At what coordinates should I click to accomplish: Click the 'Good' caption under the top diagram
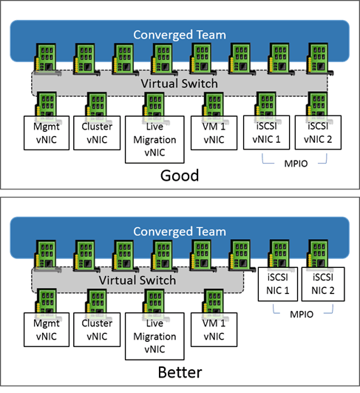180,175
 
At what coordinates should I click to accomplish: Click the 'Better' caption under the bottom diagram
180,372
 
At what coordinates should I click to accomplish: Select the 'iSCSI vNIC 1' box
266,132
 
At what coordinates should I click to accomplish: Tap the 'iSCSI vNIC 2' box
318,132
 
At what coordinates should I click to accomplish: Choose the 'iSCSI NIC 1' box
278,284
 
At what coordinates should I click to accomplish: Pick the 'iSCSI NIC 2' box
323,284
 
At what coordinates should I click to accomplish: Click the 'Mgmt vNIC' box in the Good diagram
47,132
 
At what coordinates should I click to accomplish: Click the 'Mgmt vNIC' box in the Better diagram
47,329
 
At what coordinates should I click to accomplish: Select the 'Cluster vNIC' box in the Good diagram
97,132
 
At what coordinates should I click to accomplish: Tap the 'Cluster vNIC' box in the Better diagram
97,329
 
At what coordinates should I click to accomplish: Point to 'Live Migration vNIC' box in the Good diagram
154,139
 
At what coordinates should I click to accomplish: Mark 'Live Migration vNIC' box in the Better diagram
154,336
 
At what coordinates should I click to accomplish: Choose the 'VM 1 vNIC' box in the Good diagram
214,132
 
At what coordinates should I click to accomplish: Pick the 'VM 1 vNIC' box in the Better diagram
214,329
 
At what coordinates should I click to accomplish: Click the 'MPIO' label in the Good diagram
296,164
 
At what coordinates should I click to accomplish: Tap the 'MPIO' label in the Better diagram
302,315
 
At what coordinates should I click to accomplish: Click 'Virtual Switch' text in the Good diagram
179,84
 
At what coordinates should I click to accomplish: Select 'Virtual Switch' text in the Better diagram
137,281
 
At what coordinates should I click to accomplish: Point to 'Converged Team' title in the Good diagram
180,35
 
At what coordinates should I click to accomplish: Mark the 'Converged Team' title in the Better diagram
180,232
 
